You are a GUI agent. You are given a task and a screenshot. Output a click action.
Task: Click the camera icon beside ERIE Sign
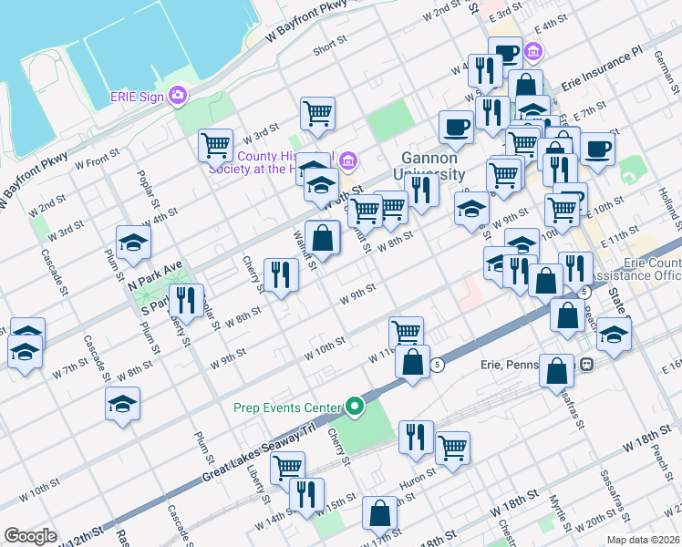pos(178,95)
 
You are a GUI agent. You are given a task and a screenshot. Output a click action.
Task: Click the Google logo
pos(30,536)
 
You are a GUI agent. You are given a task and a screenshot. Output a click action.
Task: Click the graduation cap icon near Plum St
pos(133,243)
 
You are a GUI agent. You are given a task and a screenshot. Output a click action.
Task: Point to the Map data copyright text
pos(643,540)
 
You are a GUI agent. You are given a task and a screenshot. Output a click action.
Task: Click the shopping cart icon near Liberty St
pos(287,467)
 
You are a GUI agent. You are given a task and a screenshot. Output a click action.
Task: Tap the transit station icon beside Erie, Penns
pos(588,364)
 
